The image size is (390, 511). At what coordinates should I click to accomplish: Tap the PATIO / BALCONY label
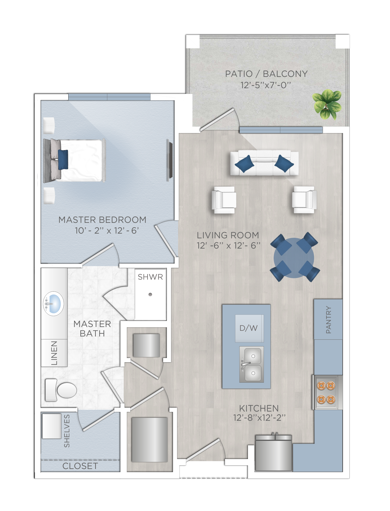(x=266, y=74)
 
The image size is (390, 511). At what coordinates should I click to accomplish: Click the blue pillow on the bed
(x=63, y=160)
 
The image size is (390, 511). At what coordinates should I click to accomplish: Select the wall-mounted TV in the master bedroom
(x=170, y=160)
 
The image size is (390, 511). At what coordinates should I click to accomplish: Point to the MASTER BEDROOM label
(x=102, y=220)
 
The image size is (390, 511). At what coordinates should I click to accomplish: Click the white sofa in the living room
(x=264, y=163)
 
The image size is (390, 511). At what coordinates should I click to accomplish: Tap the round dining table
(x=294, y=258)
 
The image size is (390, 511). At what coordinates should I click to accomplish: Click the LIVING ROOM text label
(x=228, y=235)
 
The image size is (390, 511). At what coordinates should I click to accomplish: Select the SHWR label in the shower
(x=150, y=277)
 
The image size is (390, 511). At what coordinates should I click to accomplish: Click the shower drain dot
(x=150, y=294)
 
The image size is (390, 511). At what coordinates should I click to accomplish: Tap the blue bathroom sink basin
(x=54, y=304)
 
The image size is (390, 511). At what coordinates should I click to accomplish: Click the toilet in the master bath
(x=61, y=390)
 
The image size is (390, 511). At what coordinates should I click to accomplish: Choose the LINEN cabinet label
(x=54, y=353)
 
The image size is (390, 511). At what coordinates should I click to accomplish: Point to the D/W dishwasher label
(x=248, y=328)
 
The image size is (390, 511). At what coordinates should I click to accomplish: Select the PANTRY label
(x=328, y=320)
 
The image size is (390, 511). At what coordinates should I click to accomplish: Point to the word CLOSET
(x=80, y=466)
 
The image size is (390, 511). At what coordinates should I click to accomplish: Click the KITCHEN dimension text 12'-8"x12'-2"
(x=259, y=418)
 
